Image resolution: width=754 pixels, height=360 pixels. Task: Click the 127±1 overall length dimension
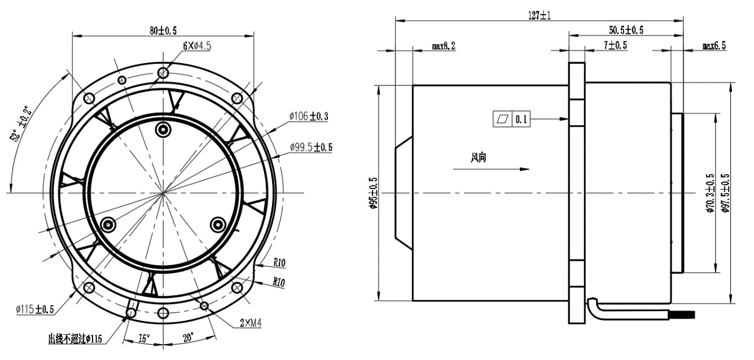click(x=539, y=15)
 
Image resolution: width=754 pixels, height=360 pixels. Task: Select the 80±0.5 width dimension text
click(x=163, y=30)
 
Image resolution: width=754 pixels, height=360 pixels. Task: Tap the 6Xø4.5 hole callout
click(x=197, y=46)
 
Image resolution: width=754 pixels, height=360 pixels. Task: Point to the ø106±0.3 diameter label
click(x=309, y=116)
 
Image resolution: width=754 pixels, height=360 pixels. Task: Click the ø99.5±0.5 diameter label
click(x=311, y=147)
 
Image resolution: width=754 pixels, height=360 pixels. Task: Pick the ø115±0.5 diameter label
click(x=35, y=309)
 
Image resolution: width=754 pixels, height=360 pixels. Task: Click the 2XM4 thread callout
click(x=251, y=323)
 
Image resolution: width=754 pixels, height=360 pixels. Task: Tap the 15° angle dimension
click(x=144, y=338)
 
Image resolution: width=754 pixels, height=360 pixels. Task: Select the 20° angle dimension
click(x=188, y=337)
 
